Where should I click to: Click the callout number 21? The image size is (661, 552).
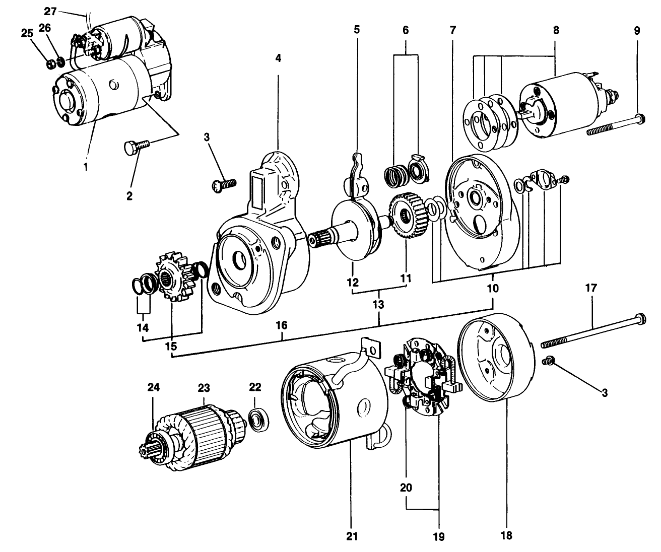[x=352, y=536]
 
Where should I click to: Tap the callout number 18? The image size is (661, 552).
[x=507, y=535]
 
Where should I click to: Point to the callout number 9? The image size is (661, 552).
[x=637, y=30]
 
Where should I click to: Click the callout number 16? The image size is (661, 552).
[x=282, y=325]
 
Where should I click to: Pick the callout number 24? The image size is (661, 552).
[x=153, y=387]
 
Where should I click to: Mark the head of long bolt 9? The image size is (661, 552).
[x=640, y=119]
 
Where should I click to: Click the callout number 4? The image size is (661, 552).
[x=278, y=58]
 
